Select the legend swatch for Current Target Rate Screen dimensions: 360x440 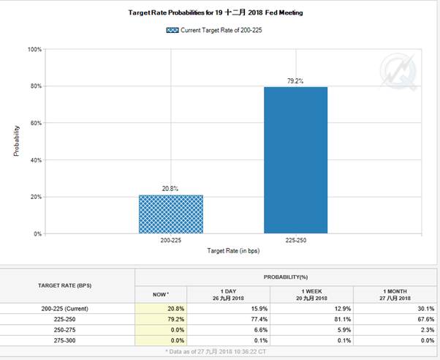(x=172, y=30)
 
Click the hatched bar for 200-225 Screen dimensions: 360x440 (x=171, y=214)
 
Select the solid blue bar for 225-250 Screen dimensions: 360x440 (x=295, y=160)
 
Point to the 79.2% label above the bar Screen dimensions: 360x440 (x=295, y=80)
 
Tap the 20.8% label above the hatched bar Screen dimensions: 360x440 (x=171, y=189)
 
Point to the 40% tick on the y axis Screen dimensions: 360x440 (x=34, y=160)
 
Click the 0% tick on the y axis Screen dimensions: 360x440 (x=37, y=234)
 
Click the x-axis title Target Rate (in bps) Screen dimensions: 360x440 (x=233, y=251)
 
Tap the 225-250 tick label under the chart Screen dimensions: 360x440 (x=295, y=240)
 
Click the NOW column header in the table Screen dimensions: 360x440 (x=160, y=295)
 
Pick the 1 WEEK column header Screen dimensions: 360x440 (x=312, y=295)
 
